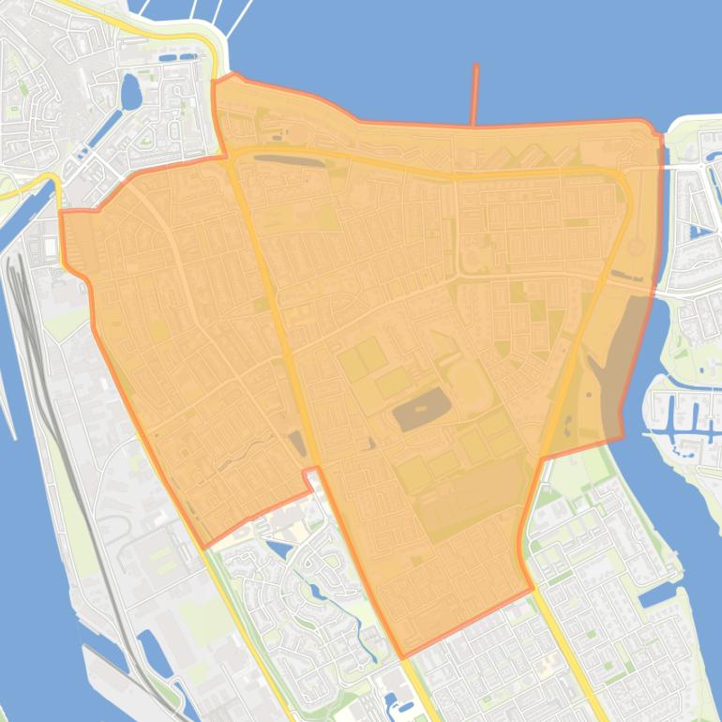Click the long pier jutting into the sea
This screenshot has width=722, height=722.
click(x=475, y=94)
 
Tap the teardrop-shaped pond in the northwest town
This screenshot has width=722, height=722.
click(x=130, y=92)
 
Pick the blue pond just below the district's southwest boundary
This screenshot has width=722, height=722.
click(x=279, y=549)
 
